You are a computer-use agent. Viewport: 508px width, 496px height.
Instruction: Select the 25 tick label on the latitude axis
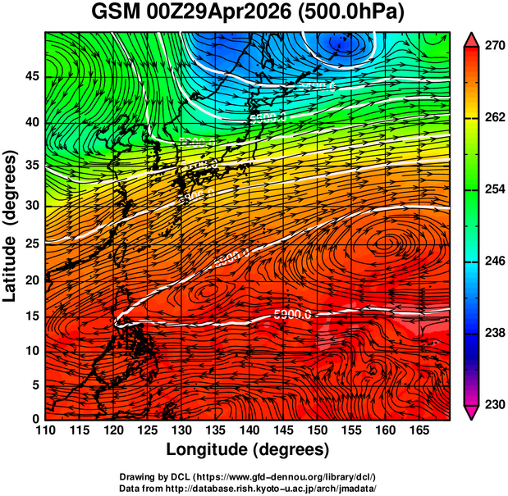tap(33, 243)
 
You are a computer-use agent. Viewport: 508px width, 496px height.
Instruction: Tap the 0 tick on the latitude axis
tap(37, 419)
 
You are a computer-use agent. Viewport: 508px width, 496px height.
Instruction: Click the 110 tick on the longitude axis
tap(45, 430)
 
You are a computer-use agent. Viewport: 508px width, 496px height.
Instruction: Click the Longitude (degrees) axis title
tap(248, 449)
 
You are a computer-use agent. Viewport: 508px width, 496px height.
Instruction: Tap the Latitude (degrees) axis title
tap(11, 225)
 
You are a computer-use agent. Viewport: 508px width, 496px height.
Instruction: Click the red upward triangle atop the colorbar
tap(472, 39)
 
